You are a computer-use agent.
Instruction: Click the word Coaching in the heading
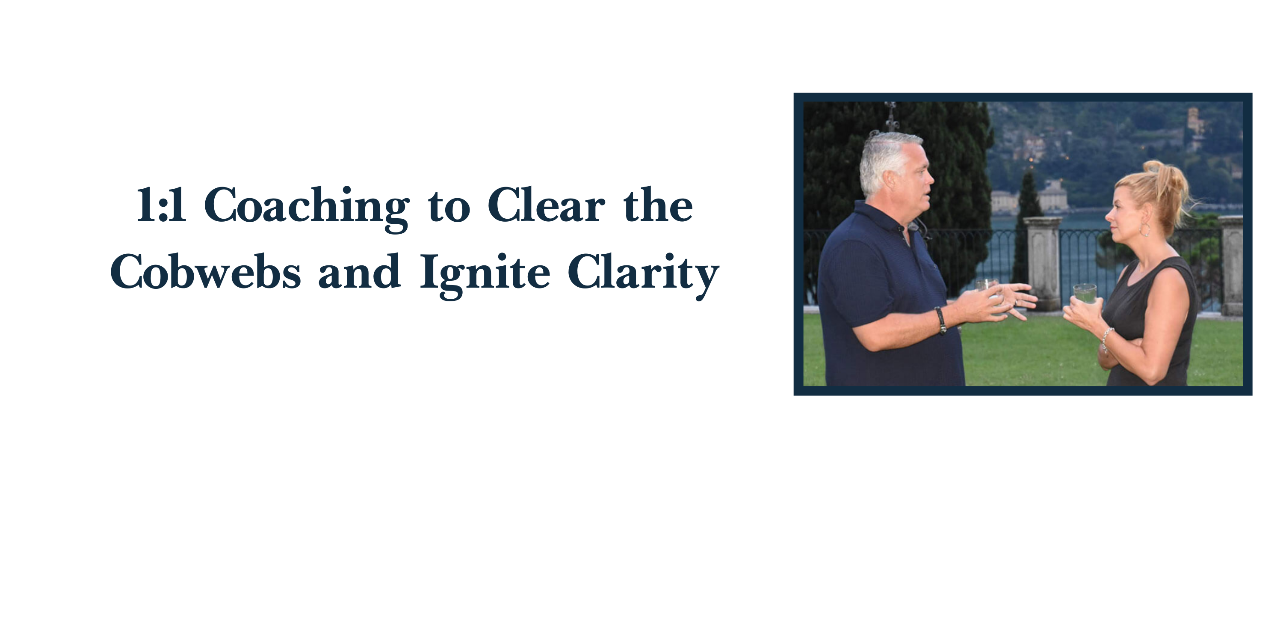click(x=307, y=208)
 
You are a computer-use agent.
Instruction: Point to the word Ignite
click(x=485, y=276)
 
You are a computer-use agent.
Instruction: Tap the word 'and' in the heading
click(x=360, y=271)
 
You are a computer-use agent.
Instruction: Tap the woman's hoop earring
click(x=1145, y=230)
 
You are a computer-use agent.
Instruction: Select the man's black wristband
click(x=940, y=320)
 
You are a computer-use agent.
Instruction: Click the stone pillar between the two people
click(x=1043, y=263)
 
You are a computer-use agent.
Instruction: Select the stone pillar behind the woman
click(x=1232, y=265)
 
